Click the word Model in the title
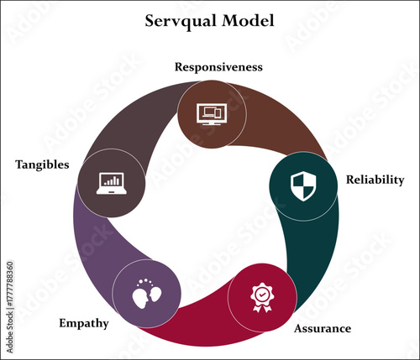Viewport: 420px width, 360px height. pos(249,21)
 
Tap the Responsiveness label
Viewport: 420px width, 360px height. pos(218,66)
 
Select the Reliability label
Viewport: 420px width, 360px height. pos(375,180)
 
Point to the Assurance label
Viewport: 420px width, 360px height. pos(322,328)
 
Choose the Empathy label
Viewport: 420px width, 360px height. pos(83,322)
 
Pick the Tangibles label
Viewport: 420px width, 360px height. pos(42,164)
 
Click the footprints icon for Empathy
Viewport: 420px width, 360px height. pos(145,294)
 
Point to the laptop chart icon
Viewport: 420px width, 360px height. pos(111,182)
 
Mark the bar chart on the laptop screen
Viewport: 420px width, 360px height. pos(112,180)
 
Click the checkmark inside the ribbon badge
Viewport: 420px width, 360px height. pos(261,295)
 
